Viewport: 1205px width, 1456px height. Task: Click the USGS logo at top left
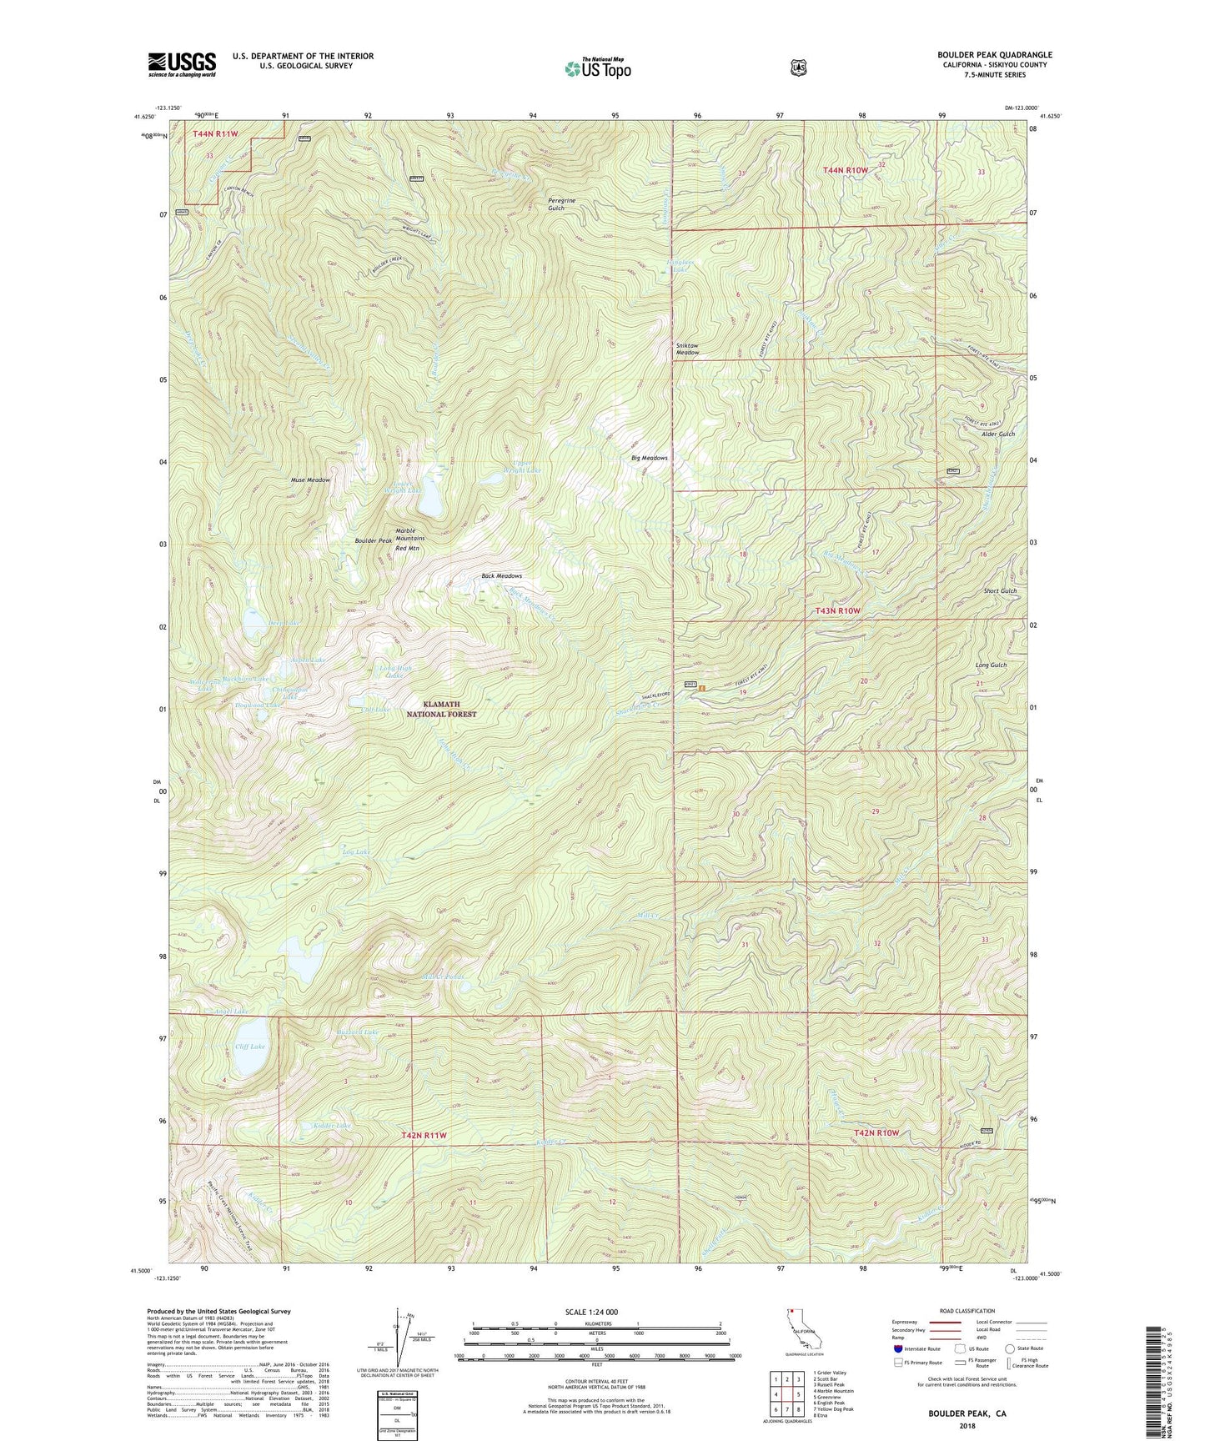tap(182, 64)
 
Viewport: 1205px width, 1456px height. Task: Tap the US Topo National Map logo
tap(595, 68)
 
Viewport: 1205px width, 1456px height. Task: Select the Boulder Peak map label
tap(373, 541)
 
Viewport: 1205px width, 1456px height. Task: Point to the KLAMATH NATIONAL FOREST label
tap(441, 709)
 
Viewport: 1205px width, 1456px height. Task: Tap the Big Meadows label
tap(650, 458)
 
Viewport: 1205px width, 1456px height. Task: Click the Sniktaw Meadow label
tap(687, 349)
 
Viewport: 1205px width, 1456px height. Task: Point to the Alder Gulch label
tap(998, 434)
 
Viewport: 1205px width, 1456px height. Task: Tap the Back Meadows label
tap(501, 576)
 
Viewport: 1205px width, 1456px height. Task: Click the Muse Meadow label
tap(310, 480)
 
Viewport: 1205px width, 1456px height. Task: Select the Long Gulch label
tap(991, 665)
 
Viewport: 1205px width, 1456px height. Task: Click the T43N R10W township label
tap(836, 611)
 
